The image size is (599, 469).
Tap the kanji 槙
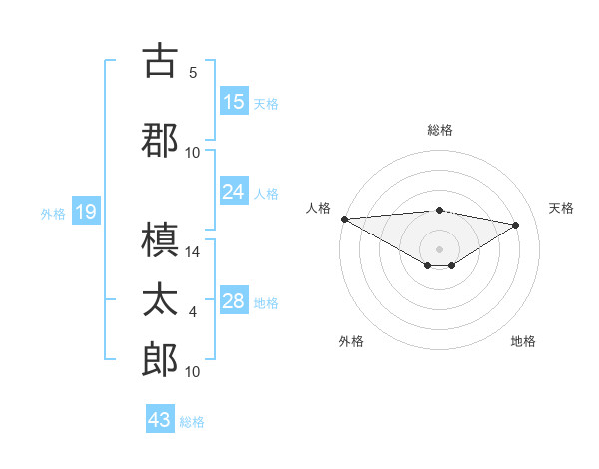[x=160, y=240]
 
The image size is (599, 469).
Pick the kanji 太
[x=160, y=300]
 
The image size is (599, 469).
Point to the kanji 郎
[x=160, y=359]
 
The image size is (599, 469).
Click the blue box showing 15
[x=234, y=102]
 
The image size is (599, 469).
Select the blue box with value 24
[x=234, y=192]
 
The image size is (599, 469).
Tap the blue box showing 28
[x=234, y=302]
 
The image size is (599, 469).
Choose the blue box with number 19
[x=85, y=212]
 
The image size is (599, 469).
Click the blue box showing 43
[x=160, y=420]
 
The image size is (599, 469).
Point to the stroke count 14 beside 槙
[x=194, y=253]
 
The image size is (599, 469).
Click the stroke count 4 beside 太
[x=193, y=313]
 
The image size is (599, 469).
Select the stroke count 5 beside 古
[x=193, y=73]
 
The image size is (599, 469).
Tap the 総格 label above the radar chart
[x=439, y=130]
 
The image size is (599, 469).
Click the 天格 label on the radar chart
[x=561, y=208]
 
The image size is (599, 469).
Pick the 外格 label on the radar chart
[x=350, y=341]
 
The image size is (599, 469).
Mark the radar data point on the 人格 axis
[x=344, y=219]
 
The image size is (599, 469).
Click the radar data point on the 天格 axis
[x=516, y=225]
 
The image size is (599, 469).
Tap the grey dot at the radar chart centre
[x=439, y=248]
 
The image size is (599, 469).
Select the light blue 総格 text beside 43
[x=192, y=422]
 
